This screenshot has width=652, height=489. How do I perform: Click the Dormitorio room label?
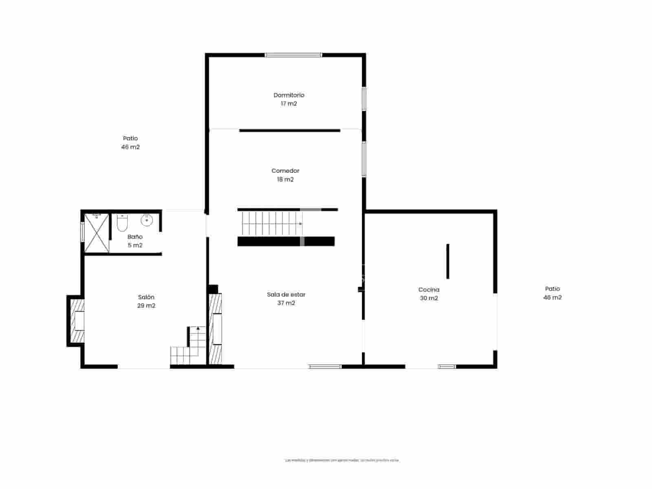click(x=289, y=95)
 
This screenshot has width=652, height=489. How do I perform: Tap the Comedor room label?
click(x=285, y=171)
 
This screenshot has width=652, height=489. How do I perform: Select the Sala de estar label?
click(x=286, y=294)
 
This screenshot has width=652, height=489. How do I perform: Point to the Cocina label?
click(x=429, y=289)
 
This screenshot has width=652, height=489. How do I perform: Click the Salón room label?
click(x=146, y=297)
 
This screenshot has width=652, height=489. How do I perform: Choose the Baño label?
click(x=135, y=237)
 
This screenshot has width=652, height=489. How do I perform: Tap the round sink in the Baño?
click(x=147, y=220)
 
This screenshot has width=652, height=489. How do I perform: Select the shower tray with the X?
click(x=97, y=233)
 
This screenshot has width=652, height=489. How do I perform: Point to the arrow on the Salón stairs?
click(x=198, y=328)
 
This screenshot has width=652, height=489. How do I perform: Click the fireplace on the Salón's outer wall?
click(x=77, y=321)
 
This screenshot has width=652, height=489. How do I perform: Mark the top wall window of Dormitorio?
click(x=293, y=55)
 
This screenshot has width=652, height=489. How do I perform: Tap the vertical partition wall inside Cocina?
click(x=448, y=261)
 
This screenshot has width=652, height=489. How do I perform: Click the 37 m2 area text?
click(x=286, y=303)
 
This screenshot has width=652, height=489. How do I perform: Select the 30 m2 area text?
click(x=429, y=298)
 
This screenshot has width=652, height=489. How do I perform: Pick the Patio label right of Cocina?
click(x=552, y=289)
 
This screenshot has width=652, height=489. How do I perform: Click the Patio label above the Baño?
click(x=130, y=139)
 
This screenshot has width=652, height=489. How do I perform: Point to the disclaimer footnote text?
click(x=342, y=460)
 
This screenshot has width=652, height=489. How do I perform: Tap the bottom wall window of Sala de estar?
click(x=325, y=367)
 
